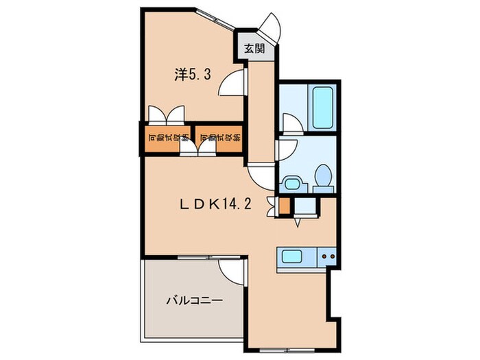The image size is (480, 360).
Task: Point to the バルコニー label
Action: point(193,300)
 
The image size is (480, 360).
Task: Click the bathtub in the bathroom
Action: point(320,108)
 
